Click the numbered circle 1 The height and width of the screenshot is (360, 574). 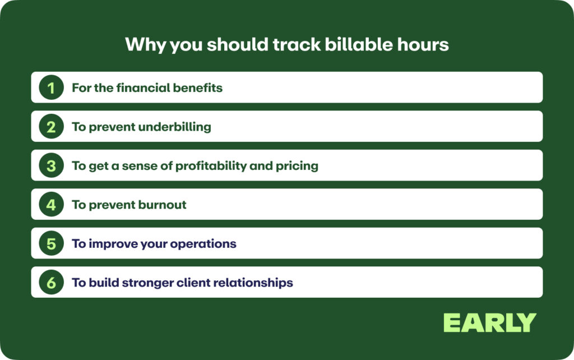pyautogui.click(x=51, y=87)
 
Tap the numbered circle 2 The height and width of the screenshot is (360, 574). pyautogui.click(x=51, y=127)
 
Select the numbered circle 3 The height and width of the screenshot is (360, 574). pyautogui.click(x=51, y=166)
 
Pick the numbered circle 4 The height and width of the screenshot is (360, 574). pyautogui.click(x=51, y=205)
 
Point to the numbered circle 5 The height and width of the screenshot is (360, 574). pyautogui.click(x=51, y=244)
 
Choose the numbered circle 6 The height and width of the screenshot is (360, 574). pyautogui.click(x=51, y=283)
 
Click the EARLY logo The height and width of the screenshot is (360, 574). pyautogui.click(x=489, y=323)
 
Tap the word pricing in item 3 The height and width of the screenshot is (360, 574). pyautogui.click(x=297, y=166)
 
